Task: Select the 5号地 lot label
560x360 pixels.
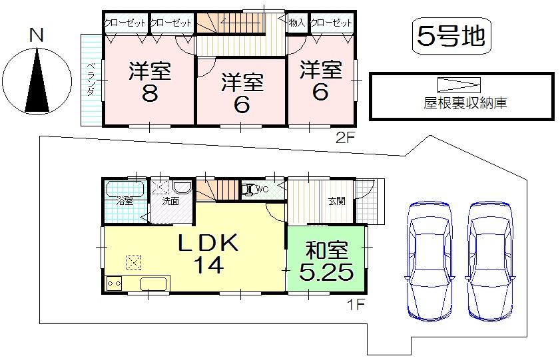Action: tap(449, 36)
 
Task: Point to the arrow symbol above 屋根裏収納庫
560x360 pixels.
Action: tap(459, 85)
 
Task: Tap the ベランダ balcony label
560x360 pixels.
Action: tap(90, 79)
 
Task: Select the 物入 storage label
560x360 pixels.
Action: tap(297, 23)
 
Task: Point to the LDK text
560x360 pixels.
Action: tap(207, 244)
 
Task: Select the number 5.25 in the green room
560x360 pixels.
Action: tap(326, 273)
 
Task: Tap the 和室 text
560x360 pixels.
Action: tap(327, 252)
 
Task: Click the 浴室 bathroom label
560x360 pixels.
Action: tap(125, 200)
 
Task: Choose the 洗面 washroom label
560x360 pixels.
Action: tap(169, 200)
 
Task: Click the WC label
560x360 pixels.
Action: tap(261, 189)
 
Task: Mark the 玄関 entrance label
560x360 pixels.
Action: tap(336, 200)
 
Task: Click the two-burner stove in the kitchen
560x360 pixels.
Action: tap(113, 283)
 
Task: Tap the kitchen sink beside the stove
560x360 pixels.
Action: tap(154, 283)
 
